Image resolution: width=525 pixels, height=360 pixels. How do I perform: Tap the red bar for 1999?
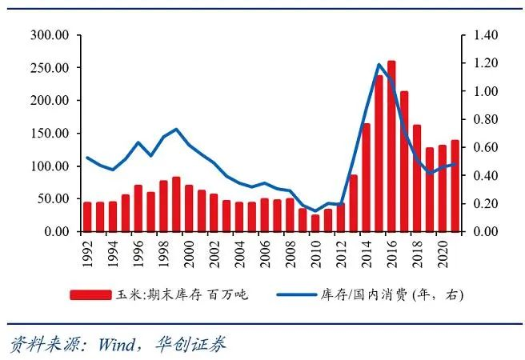click(x=176, y=204)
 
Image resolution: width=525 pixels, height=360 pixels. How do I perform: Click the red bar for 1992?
click(x=87, y=217)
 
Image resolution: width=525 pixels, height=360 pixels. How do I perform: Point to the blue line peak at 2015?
click(x=379, y=64)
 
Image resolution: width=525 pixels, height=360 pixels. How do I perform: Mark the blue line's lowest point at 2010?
click(x=315, y=211)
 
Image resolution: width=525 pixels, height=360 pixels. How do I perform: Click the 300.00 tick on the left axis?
click(x=49, y=35)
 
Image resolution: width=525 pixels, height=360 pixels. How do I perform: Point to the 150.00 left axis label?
click(x=49, y=134)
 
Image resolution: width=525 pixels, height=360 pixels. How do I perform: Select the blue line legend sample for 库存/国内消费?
click(x=299, y=294)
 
